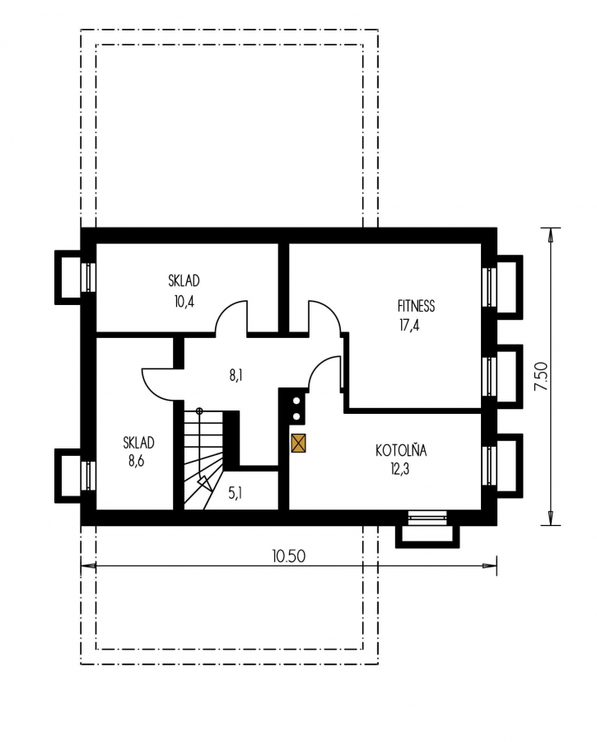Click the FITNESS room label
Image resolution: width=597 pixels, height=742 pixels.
click(x=416, y=306)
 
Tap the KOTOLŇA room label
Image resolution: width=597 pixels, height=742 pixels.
click(x=401, y=450)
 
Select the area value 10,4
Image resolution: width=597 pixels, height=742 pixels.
click(x=184, y=302)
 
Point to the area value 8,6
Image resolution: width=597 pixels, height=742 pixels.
click(x=136, y=460)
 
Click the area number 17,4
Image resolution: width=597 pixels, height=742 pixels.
click(x=409, y=326)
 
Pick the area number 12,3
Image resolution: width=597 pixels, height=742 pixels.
click(x=400, y=469)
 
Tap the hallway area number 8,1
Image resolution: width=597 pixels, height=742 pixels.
click(x=236, y=376)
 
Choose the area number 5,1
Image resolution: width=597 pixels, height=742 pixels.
click(x=235, y=494)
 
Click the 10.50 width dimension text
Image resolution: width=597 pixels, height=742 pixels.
click(x=288, y=556)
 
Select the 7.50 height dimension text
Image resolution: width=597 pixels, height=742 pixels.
click(x=540, y=376)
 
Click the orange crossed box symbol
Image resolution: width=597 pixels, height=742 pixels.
click(x=299, y=444)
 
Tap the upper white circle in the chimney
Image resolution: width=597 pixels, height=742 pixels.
click(x=296, y=401)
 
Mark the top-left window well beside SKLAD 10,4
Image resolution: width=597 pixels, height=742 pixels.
click(x=68, y=277)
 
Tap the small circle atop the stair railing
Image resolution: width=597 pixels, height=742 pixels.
click(x=199, y=411)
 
